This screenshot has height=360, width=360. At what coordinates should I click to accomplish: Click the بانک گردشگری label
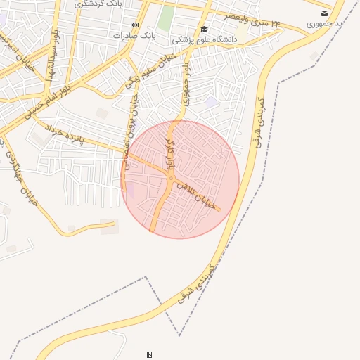click(102, 4)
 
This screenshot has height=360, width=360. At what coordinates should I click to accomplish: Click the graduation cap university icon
click(204, 29)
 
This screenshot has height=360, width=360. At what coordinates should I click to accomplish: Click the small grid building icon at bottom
click(149, 354)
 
